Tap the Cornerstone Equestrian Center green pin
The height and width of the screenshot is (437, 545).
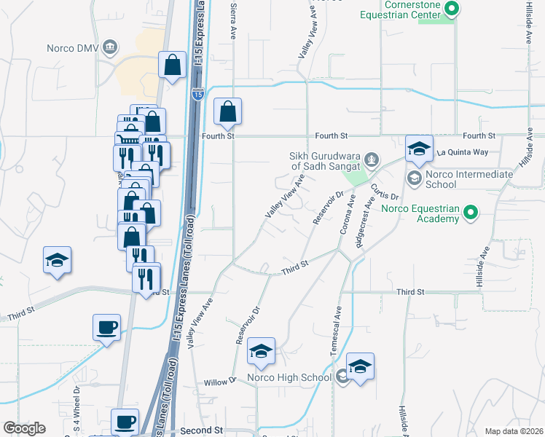[x=452, y=9]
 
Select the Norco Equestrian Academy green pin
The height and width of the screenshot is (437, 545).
[x=471, y=213]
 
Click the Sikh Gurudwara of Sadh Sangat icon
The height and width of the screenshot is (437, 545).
[x=372, y=157]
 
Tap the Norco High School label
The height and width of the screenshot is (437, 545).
[x=289, y=377]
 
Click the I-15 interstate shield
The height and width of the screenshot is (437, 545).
[x=197, y=95]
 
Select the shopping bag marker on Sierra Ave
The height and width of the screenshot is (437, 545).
[x=227, y=112]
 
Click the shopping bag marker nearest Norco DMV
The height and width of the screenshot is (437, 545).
[x=172, y=65]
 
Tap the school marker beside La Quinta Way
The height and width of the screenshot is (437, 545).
[x=419, y=149]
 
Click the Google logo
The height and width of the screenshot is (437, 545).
[x=24, y=428]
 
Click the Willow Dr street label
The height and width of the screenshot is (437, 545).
[x=221, y=382]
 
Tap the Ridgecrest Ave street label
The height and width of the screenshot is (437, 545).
[x=364, y=222]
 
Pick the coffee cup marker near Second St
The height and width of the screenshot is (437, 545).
[x=124, y=421]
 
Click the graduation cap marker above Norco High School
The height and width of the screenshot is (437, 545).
[x=261, y=353]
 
